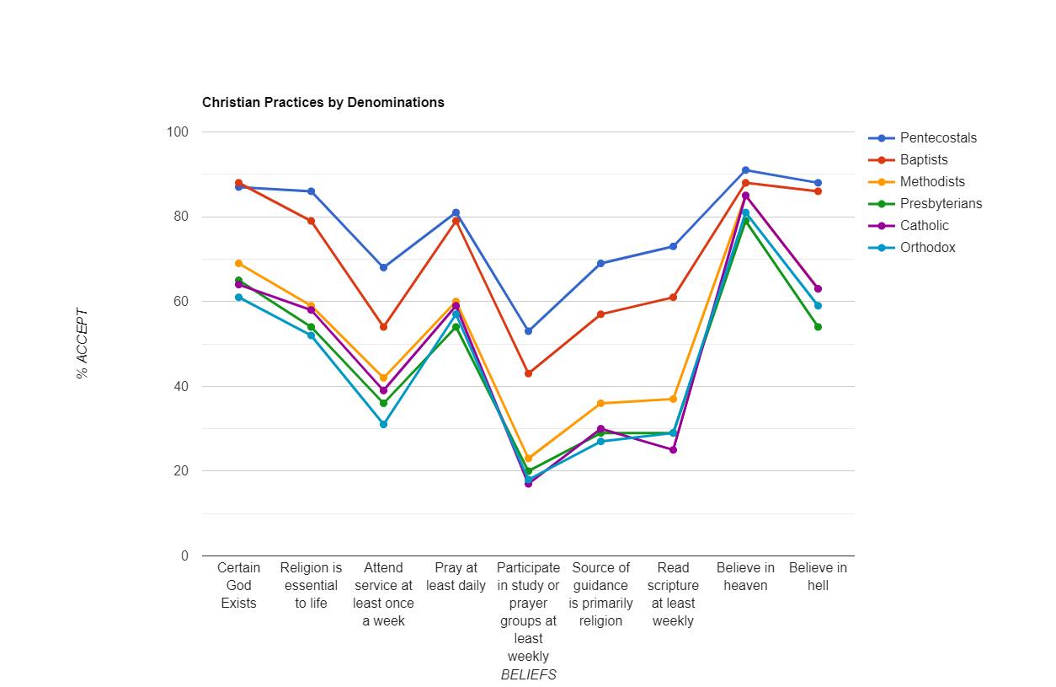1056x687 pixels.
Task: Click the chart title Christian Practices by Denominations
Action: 323,102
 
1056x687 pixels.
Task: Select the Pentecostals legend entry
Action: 938,138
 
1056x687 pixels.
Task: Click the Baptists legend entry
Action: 923,160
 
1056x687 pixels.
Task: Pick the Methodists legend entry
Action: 931,182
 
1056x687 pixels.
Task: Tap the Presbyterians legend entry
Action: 940,204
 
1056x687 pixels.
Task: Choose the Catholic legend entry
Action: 924,226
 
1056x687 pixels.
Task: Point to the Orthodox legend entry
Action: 927,248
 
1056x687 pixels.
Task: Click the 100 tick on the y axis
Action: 178,132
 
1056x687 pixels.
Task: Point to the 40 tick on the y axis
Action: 181,387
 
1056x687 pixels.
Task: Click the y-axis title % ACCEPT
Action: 83,344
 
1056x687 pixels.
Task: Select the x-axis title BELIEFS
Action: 528,674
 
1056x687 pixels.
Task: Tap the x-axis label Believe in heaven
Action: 745,577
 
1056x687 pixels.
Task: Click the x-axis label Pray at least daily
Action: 456,577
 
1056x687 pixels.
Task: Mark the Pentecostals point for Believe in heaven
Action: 745,170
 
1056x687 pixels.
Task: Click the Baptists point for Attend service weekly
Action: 383,327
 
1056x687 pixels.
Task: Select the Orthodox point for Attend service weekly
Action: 383,424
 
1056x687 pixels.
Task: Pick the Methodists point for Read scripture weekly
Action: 673,399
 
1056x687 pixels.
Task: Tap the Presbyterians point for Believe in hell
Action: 818,327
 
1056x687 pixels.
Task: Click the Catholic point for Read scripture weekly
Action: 673,450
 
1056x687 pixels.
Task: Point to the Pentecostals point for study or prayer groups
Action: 528,331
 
